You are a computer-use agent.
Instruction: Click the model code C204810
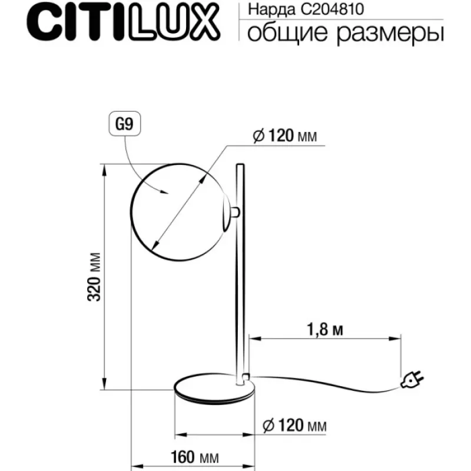[x=332, y=9]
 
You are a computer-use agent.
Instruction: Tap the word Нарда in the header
[x=272, y=10]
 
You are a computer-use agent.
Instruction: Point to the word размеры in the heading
[x=390, y=34]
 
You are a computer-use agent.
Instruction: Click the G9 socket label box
[x=124, y=124]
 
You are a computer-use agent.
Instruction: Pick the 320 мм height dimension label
[x=94, y=277]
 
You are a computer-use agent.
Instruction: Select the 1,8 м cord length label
[x=325, y=330]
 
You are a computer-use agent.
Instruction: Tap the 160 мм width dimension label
[x=195, y=457]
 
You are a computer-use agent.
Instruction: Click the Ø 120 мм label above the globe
[x=285, y=136]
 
